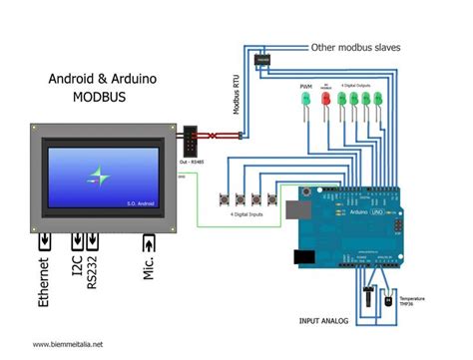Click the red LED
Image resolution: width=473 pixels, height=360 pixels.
coord(324,106)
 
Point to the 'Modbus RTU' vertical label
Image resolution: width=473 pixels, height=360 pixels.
coord(237,94)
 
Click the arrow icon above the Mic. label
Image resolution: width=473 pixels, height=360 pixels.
coord(149,242)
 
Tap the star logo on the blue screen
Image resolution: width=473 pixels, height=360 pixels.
coord(98,178)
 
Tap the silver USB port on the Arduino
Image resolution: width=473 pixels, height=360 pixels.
coord(292,209)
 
